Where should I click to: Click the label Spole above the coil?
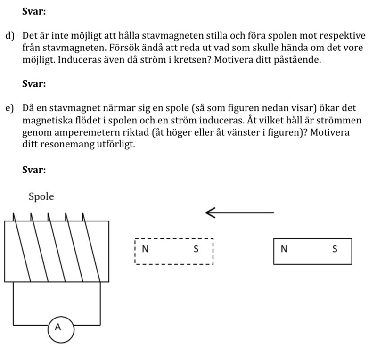coord(41,196)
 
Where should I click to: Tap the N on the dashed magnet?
coord(145,249)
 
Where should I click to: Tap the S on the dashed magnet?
coord(197,249)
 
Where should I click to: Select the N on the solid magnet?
coord(283,249)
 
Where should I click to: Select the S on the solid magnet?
coord(335,249)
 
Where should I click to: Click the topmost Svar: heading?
coord(34,12)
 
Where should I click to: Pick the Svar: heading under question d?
coord(34,84)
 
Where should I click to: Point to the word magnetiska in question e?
coord(46,121)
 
